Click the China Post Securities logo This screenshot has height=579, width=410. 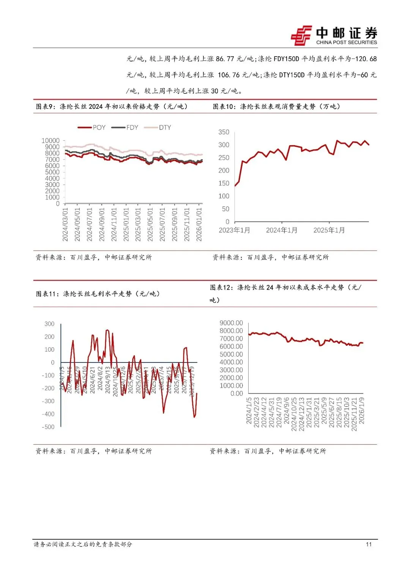pos(334,36)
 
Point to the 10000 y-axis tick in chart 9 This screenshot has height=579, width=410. pos(50,141)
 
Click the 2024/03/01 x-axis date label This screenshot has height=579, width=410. pos(65,224)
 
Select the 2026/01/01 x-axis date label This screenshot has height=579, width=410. pos(199,224)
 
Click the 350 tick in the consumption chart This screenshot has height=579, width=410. pos(224,132)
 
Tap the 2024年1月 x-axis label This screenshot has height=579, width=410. pos(282,230)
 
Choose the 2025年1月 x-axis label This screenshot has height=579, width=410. pos(329,230)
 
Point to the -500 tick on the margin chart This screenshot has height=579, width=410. pos(48,427)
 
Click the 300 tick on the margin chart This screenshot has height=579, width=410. pos(49,324)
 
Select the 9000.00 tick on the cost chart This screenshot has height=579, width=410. pos(231,323)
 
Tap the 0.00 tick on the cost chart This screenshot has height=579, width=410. pos(237,394)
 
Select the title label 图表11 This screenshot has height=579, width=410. pos(47,294)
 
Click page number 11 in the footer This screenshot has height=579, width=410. pos(369,544)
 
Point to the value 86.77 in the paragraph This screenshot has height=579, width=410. pos(225,59)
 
